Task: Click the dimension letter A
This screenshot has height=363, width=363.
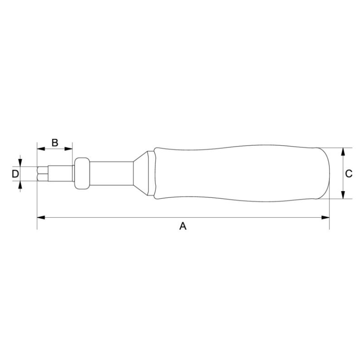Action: click(183, 226)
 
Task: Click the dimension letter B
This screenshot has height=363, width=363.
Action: click(54, 142)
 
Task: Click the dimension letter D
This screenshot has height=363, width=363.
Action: click(15, 173)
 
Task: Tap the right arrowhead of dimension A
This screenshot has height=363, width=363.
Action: click(325, 217)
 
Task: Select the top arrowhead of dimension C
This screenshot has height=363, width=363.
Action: click(343, 151)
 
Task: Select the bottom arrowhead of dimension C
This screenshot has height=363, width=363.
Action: click(343, 195)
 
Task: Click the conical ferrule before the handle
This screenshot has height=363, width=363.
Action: click(142, 173)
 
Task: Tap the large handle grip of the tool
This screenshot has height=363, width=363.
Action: click(236, 173)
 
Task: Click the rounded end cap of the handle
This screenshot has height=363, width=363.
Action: click(323, 173)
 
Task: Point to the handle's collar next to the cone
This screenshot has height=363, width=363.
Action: click(156, 173)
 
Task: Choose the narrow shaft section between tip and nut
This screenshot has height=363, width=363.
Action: click(61, 173)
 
